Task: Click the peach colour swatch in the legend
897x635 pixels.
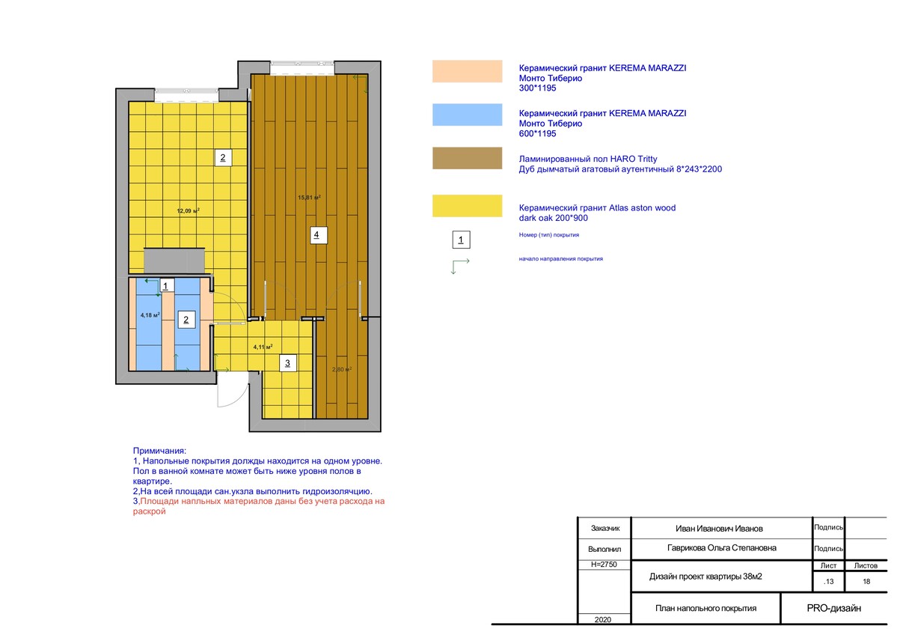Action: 467,72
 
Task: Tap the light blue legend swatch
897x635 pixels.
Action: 467,115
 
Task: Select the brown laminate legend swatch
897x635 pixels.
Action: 467,159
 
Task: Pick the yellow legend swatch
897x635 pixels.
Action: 467,206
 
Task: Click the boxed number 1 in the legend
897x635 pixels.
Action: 461,240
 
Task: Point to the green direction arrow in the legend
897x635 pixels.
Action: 460,267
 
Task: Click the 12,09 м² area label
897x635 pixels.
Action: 189,210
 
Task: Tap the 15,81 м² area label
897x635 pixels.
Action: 309,198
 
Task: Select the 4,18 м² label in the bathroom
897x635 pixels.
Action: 150,315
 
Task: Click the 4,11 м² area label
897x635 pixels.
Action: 263,347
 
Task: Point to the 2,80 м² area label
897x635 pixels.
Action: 342,369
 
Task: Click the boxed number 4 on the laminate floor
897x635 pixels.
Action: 318,235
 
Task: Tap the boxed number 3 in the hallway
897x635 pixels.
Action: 288,363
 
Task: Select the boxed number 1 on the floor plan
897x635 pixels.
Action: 166,286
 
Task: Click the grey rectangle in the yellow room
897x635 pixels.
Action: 174,261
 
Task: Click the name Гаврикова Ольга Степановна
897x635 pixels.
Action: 721,548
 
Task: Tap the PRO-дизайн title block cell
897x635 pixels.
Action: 833,608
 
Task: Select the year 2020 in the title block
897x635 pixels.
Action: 603,619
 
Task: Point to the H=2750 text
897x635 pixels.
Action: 604,565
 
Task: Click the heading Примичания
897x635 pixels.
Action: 159,452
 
